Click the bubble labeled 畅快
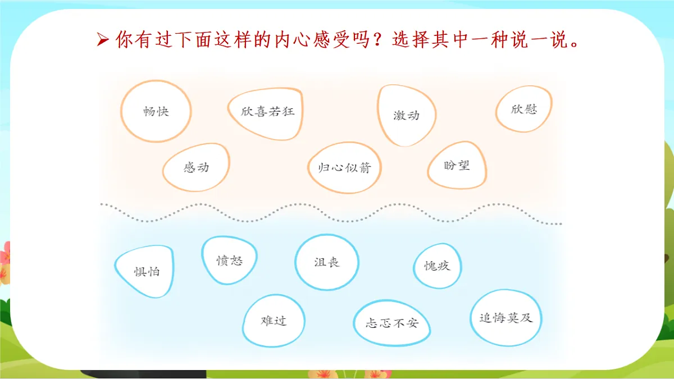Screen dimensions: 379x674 pyautogui.click(x=156, y=111)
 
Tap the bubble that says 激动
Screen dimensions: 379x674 pyautogui.click(x=406, y=116)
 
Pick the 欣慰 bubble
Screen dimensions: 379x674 pyautogui.click(x=523, y=109)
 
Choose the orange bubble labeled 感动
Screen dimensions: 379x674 pyautogui.click(x=196, y=167)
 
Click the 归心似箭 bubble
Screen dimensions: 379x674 pyautogui.click(x=344, y=167)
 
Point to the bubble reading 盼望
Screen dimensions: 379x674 pyautogui.click(x=456, y=165)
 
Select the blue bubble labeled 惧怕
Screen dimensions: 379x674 pyautogui.click(x=145, y=271)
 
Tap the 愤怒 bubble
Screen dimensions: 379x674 pyautogui.click(x=230, y=261)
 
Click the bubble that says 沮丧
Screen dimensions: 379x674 pyautogui.click(x=327, y=262)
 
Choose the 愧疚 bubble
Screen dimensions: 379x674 pyautogui.click(x=437, y=266)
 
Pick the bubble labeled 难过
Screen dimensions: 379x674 pyautogui.click(x=274, y=321)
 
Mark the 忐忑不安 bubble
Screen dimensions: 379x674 pyautogui.click(x=392, y=323)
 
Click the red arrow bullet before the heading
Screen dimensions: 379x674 pyautogui.click(x=102, y=40)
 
